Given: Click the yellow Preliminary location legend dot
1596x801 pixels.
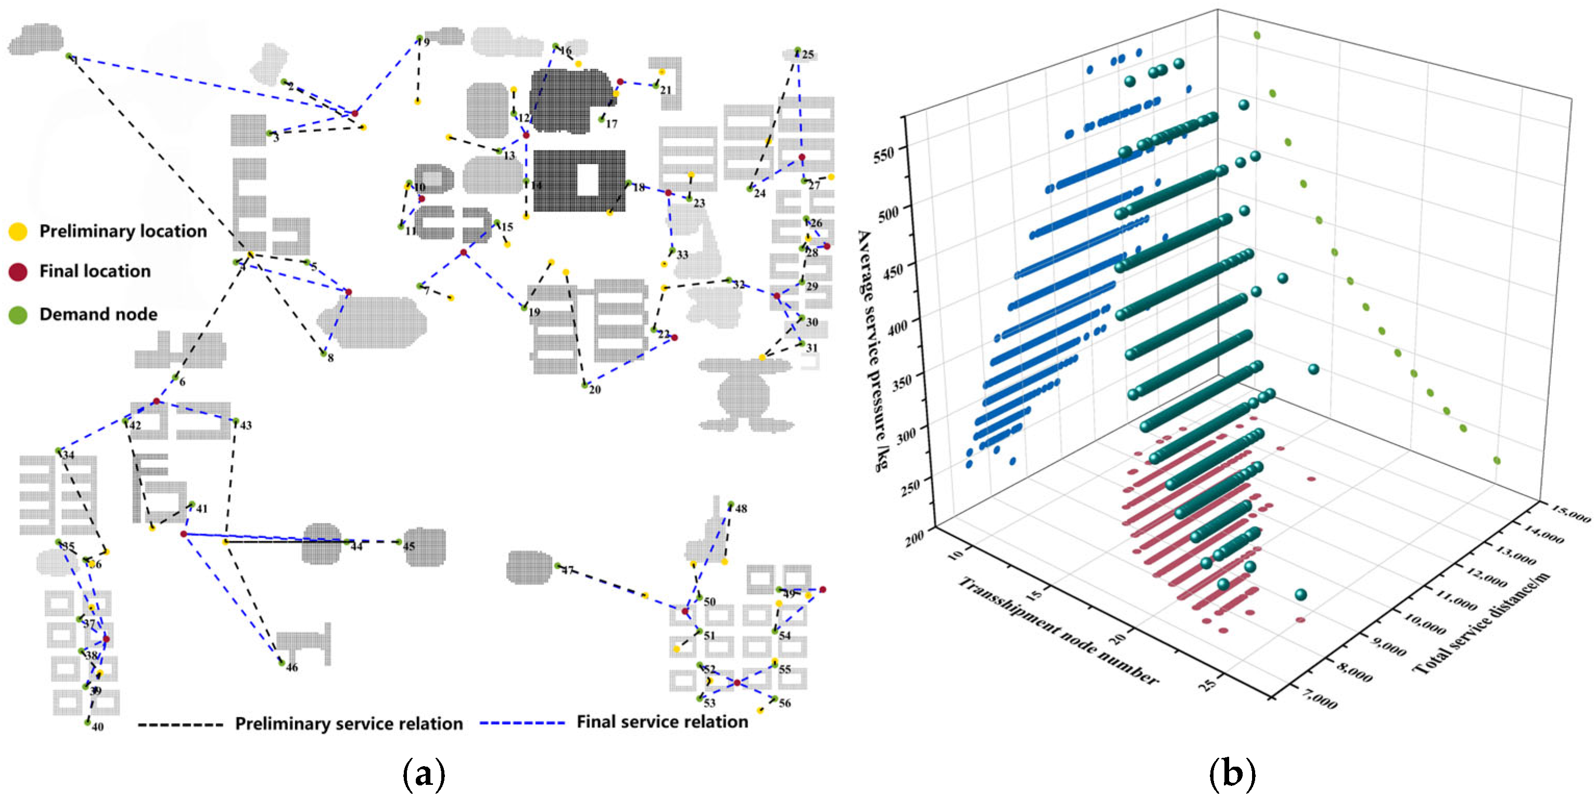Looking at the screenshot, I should click(x=18, y=231).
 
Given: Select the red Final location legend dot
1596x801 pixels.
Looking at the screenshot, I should click(x=18, y=272).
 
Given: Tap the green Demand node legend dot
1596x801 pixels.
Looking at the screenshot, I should click(x=18, y=315).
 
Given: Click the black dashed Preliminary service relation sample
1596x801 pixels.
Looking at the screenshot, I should click(x=180, y=724).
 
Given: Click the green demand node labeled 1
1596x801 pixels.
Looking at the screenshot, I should click(x=69, y=56).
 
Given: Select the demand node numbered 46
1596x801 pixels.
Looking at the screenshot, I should click(x=282, y=663).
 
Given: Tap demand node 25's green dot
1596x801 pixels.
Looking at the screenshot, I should click(x=797, y=50).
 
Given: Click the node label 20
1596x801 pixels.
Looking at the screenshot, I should click(x=595, y=390).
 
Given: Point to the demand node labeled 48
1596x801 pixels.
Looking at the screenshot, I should click(x=731, y=504).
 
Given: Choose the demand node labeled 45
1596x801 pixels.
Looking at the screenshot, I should click(x=400, y=542).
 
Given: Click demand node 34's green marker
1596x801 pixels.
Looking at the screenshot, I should click(x=58, y=450).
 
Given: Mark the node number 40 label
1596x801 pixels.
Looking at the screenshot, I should click(x=98, y=727).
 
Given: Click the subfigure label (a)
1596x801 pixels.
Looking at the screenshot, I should click(x=424, y=774).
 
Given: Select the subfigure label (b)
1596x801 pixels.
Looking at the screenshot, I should click(x=1231, y=774).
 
